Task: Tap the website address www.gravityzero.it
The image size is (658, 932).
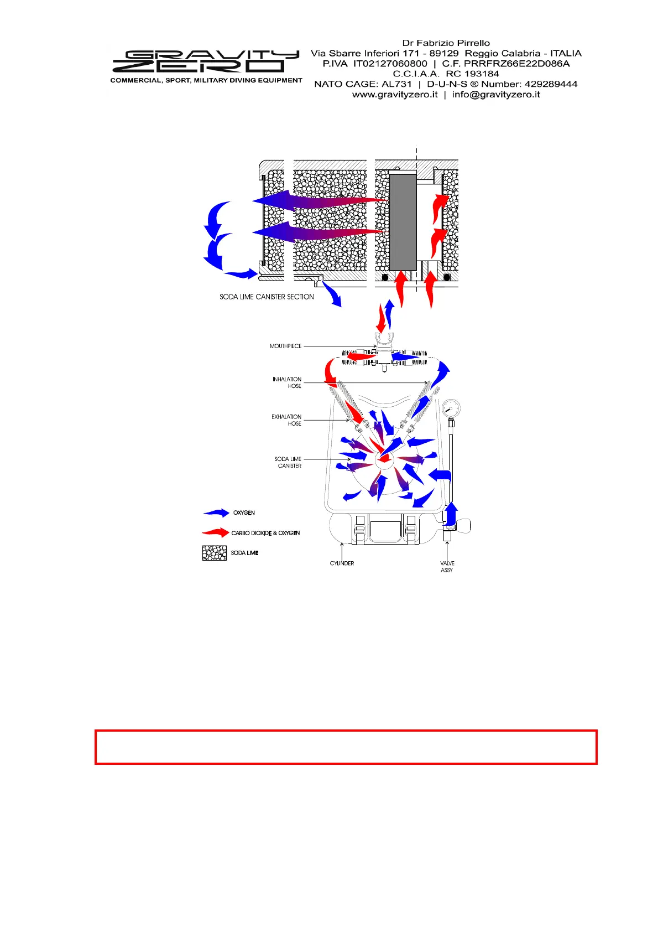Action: tap(395, 95)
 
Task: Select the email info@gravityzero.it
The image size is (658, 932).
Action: tap(496, 95)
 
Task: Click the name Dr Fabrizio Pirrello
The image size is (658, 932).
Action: tap(446, 43)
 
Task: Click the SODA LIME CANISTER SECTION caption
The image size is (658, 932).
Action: tap(267, 297)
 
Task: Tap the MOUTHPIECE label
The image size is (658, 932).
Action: tap(285, 346)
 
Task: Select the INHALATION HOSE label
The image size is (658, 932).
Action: tap(287, 382)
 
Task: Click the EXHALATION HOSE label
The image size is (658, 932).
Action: tap(286, 420)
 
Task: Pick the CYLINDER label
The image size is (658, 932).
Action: tap(342, 563)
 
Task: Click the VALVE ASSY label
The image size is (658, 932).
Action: tap(447, 567)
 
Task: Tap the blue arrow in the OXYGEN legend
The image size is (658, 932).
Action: tap(216, 513)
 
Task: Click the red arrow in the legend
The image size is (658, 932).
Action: tap(216, 533)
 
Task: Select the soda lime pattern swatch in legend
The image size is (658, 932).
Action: tap(215, 553)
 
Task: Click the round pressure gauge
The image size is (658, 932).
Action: tap(451, 410)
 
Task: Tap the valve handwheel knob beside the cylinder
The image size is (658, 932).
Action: tap(463, 524)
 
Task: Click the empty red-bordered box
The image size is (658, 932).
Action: tap(346, 747)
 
